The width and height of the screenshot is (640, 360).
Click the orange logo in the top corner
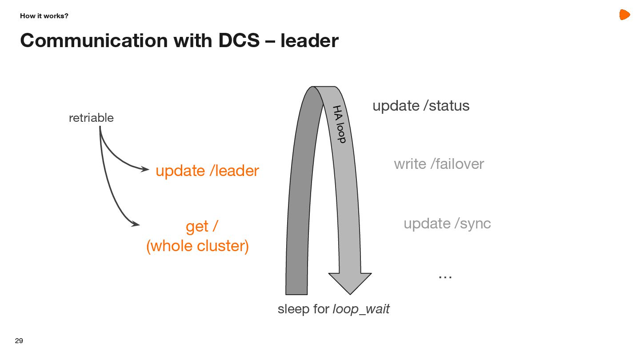(x=624, y=15)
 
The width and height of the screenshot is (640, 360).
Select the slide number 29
(x=19, y=341)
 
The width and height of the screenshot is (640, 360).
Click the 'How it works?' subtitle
(x=44, y=16)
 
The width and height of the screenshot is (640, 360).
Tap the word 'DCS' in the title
(x=239, y=40)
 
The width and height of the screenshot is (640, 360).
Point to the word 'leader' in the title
(x=309, y=40)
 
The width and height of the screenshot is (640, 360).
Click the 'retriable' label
(x=91, y=118)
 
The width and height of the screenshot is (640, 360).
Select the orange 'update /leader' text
(x=207, y=171)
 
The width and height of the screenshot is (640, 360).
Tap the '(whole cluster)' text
(x=197, y=246)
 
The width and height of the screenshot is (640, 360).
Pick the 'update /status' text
(x=421, y=106)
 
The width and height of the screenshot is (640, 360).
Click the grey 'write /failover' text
(x=439, y=164)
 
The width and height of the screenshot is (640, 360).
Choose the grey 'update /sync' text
(x=447, y=223)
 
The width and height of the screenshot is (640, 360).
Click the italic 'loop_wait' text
(x=361, y=309)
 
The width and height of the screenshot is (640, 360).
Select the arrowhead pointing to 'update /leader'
(x=145, y=169)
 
